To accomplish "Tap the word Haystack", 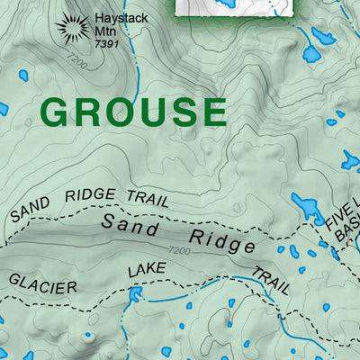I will (x=116, y=18).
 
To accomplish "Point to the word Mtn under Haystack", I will (x=105, y=31).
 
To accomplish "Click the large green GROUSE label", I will (x=133, y=112).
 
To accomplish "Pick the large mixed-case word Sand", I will (x=130, y=222).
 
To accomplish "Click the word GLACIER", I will (x=43, y=282).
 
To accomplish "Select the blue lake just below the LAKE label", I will (x=136, y=294).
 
